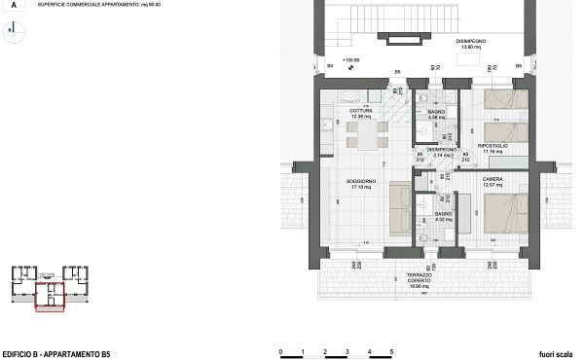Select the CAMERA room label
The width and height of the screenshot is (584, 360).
point(493,180)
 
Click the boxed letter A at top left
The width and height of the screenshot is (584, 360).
point(13,6)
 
